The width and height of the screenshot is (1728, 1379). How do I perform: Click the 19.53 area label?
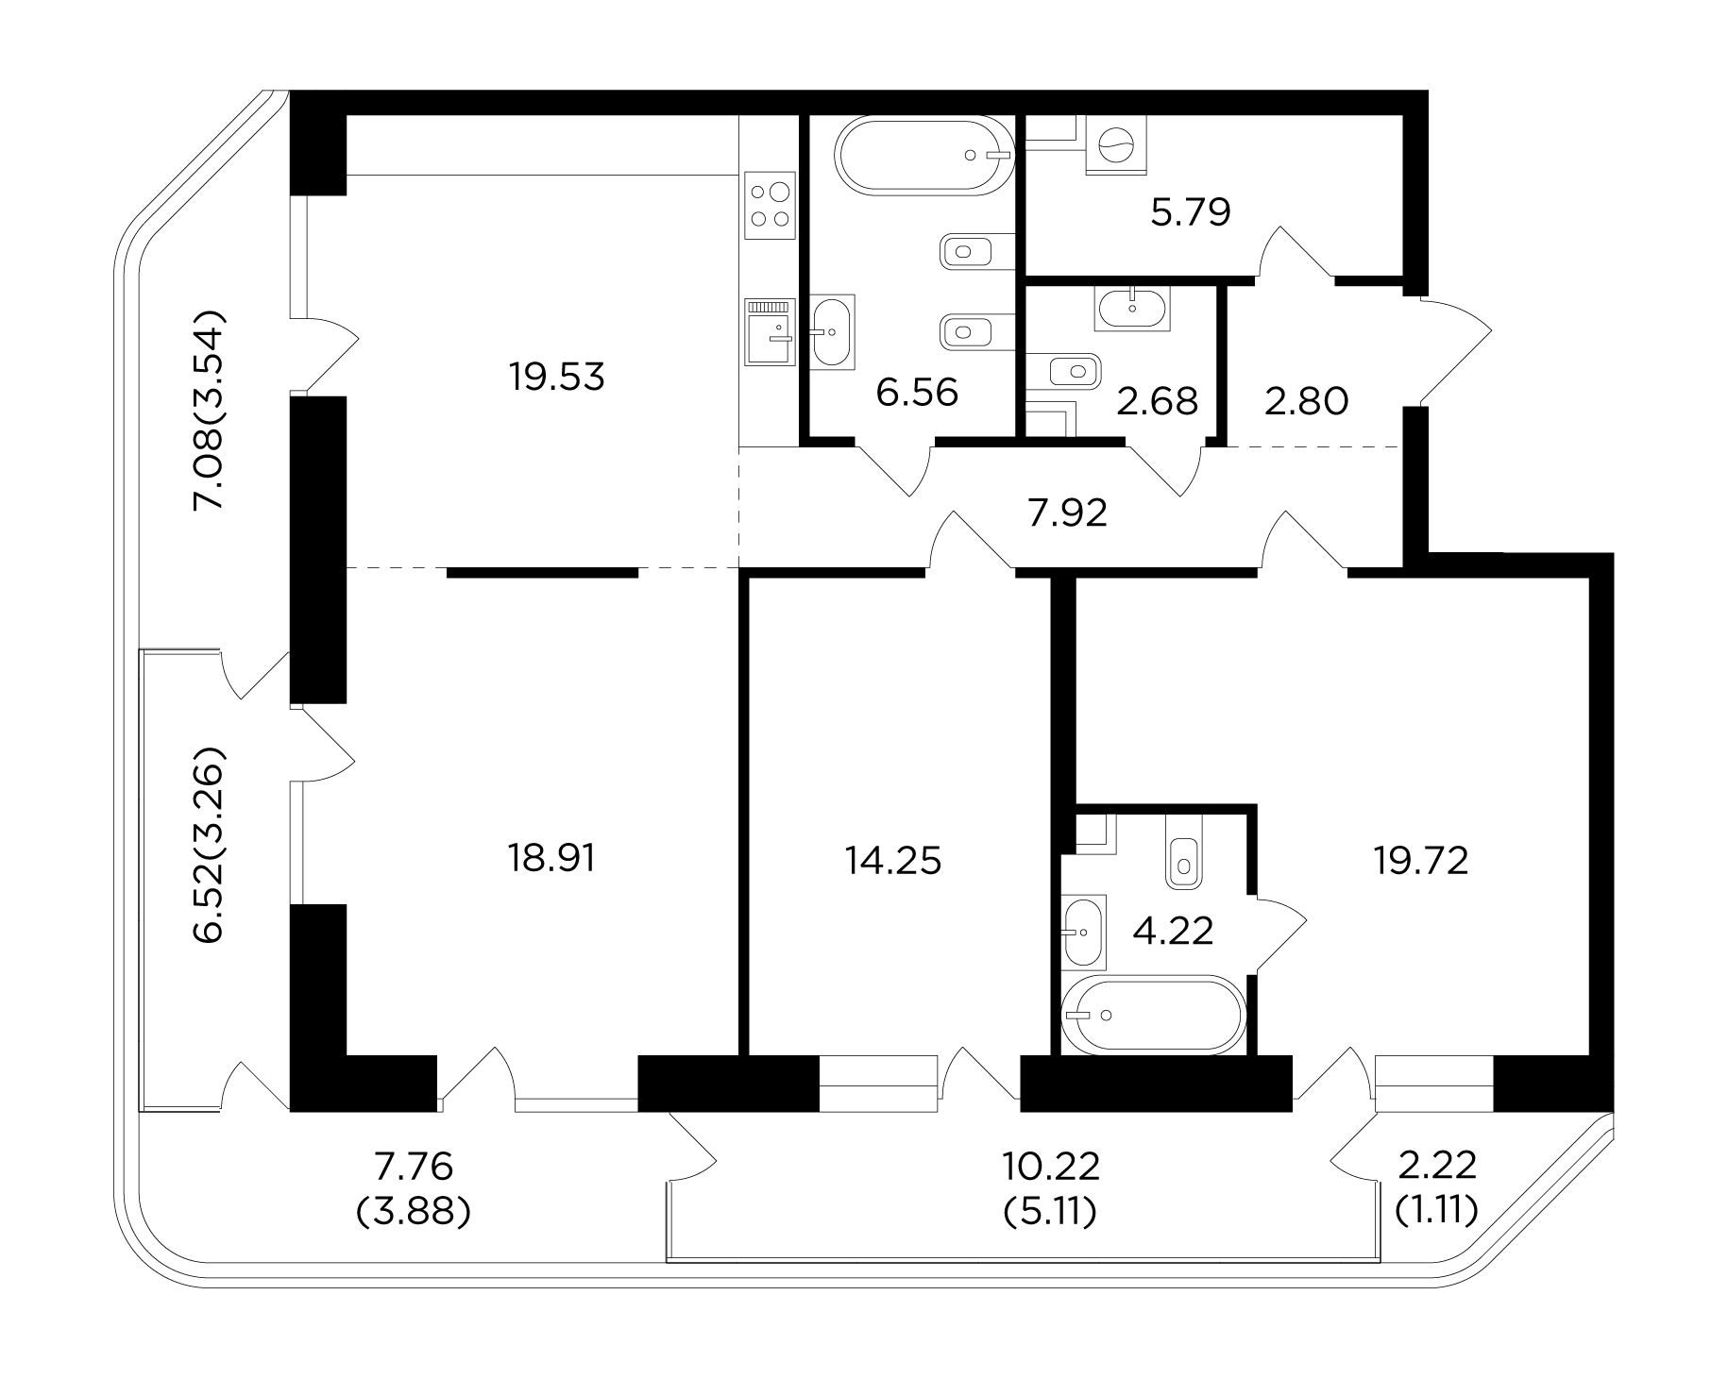tap(556, 378)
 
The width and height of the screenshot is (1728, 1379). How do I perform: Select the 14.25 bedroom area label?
tap(893, 861)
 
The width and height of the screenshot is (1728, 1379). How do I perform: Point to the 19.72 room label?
tap(1421, 861)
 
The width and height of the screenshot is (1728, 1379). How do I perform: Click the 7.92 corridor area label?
tap(1068, 513)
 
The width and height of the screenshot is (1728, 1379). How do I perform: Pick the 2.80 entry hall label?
tap(1308, 401)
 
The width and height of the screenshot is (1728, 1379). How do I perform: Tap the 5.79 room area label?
tap(1191, 212)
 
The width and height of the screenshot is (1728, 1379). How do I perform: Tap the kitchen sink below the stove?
tap(770, 332)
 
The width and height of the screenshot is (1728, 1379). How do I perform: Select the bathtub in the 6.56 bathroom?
tap(923, 155)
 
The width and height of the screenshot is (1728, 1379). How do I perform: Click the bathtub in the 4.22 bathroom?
tap(1151, 1015)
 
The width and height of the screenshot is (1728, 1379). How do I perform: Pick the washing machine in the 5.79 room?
tap(1117, 145)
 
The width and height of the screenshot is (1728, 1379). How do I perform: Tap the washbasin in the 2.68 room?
tap(1132, 309)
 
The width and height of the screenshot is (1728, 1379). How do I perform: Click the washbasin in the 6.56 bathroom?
tap(832, 331)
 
